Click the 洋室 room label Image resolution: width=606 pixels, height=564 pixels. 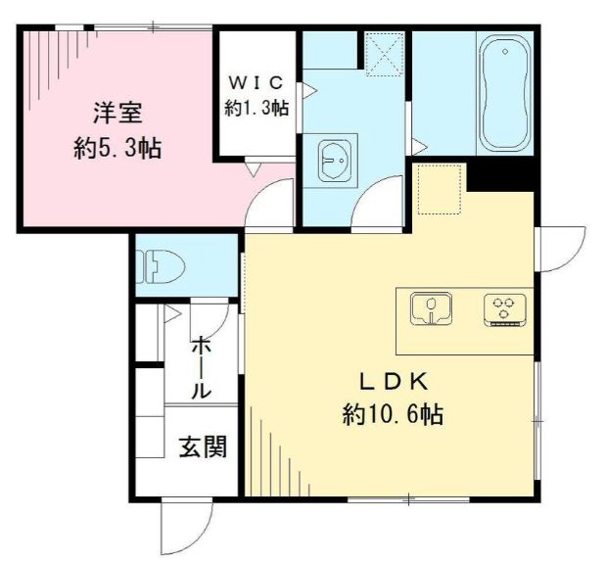point(117,113)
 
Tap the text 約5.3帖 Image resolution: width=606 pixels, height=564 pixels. point(117,150)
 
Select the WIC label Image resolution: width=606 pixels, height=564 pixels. point(256,80)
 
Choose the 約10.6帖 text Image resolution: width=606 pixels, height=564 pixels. point(393,415)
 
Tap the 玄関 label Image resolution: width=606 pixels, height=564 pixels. point(203,447)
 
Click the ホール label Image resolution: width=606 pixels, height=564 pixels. point(200,366)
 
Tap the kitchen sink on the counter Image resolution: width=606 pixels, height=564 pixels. point(431,309)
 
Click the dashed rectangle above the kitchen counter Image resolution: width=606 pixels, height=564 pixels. point(439,189)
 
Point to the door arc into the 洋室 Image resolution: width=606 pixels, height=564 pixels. point(270,207)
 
